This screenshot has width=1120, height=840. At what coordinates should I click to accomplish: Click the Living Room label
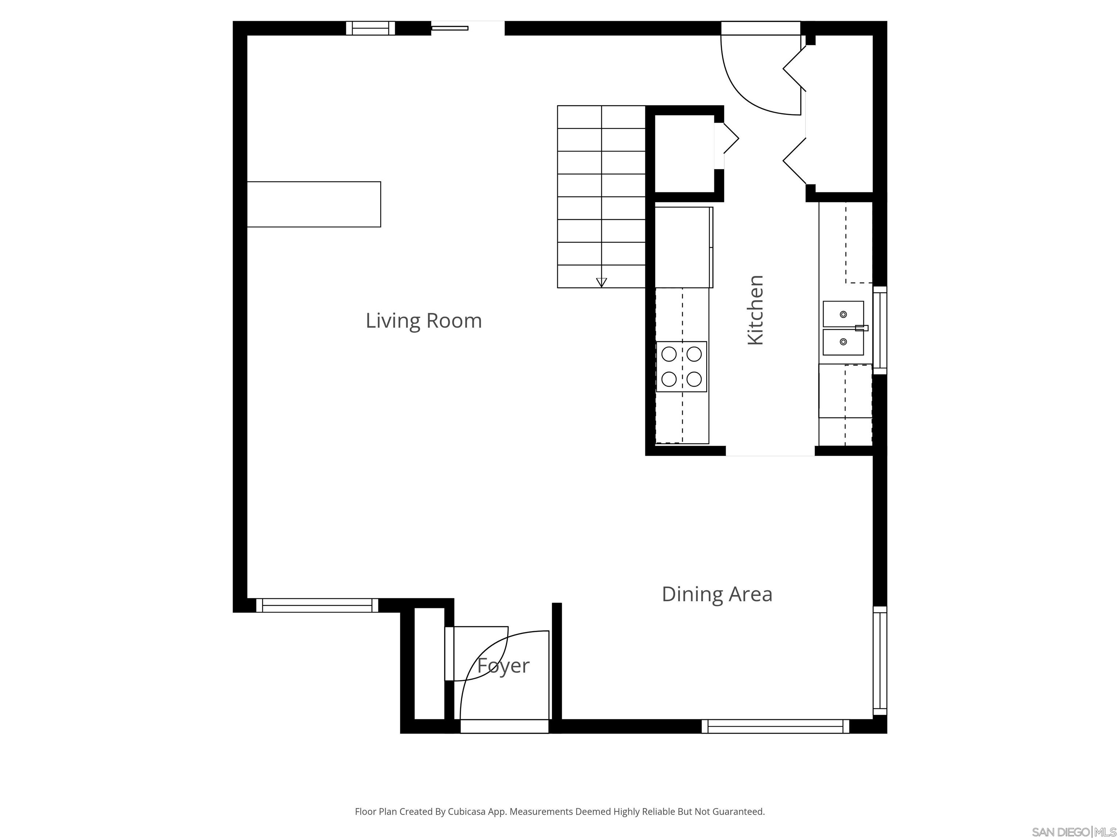click(423, 320)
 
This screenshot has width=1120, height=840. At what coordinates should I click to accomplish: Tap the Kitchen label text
click(755, 310)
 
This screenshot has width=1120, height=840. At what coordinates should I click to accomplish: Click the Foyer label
click(503, 665)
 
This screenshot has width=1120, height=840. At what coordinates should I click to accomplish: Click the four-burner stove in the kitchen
click(681, 366)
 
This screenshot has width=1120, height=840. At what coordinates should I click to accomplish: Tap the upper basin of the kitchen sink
click(843, 314)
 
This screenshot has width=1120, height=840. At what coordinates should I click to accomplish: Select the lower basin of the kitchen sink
click(843, 342)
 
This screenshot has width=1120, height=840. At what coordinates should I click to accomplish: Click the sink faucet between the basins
click(861, 328)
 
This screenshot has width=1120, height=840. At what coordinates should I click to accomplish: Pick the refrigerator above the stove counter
click(684, 247)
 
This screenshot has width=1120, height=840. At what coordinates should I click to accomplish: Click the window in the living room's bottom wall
click(317, 605)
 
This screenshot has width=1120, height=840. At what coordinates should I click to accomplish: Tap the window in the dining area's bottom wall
click(775, 726)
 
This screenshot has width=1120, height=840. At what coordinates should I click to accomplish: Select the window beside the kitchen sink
click(880, 330)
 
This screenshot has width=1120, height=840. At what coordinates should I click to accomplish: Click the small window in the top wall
click(370, 28)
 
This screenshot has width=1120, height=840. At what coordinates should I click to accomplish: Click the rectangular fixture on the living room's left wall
click(314, 204)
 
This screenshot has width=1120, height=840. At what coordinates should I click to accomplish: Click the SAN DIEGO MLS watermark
click(1073, 832)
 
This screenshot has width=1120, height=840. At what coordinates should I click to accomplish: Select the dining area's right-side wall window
click(880, 660)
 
